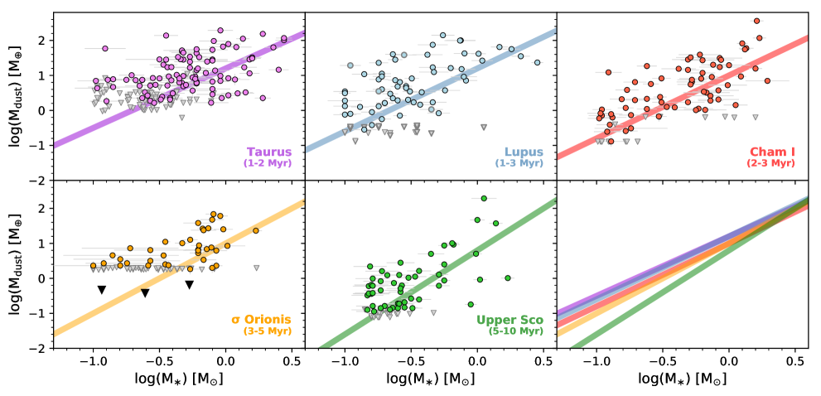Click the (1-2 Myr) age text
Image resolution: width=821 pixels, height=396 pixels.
[268, 164]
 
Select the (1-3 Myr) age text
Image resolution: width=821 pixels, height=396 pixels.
[519, 164]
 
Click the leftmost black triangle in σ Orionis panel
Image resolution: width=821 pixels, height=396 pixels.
[102, 290]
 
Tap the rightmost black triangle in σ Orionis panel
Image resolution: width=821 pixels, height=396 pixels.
[190, 285]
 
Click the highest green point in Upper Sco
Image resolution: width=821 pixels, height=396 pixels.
[484, 199]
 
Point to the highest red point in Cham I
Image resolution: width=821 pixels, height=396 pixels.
[756, 22]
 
